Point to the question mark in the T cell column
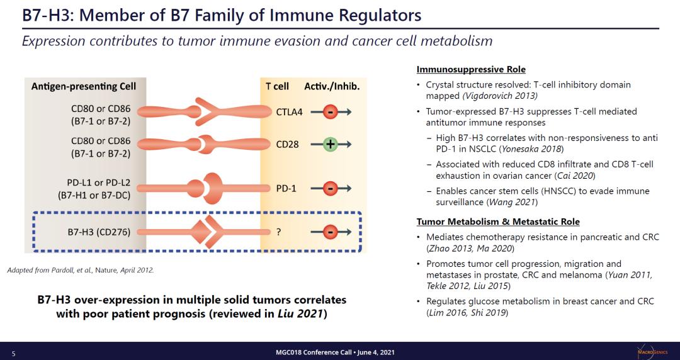278,232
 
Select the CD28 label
287,144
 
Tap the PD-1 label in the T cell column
286,188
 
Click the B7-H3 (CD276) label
99,232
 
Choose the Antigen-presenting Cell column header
84,86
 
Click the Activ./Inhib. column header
332,86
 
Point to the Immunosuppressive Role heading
471,69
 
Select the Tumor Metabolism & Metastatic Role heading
498,222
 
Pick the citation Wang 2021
512,202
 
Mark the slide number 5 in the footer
13,352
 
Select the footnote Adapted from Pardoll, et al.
80,270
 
